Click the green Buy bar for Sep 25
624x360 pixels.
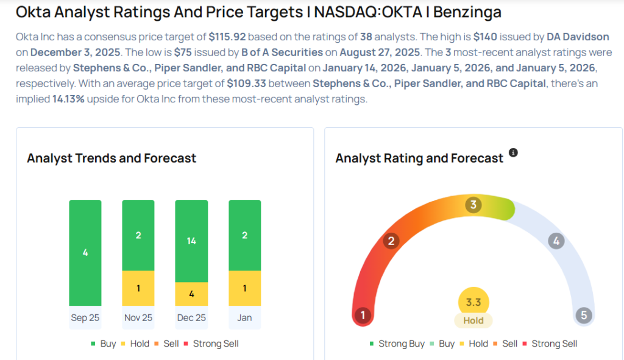pyautogui.click(x=85, y=252)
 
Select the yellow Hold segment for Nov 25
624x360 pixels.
pyautogui.click(x=138, y=288)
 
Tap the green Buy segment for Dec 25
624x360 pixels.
pyautogui.click(x=191, y=241)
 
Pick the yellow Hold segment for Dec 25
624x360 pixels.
pyautogui.click(x=191, y=294)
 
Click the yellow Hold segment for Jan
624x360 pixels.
pyautogui.click(x=244, y=288)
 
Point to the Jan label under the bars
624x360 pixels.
pyautogui.click(x=244, y=317)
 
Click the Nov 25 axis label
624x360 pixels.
pyautogui.click(x=138, y=317)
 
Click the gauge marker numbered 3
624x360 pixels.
pyautogui.click(x=473, y=205)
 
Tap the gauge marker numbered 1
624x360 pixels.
pyautogui.click(x=363, y=315)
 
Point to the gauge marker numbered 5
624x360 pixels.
pyautogui.click(x=583, y=315)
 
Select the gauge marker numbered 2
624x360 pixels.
pyautogui.click(x=391, y=241)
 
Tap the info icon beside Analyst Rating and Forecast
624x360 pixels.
pyautogui.click(x=513, y=152)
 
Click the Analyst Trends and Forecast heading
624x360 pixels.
pyautogui.click(x=112, y=158)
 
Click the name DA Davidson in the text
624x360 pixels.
pyautogui.click(x=578, y=37)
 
